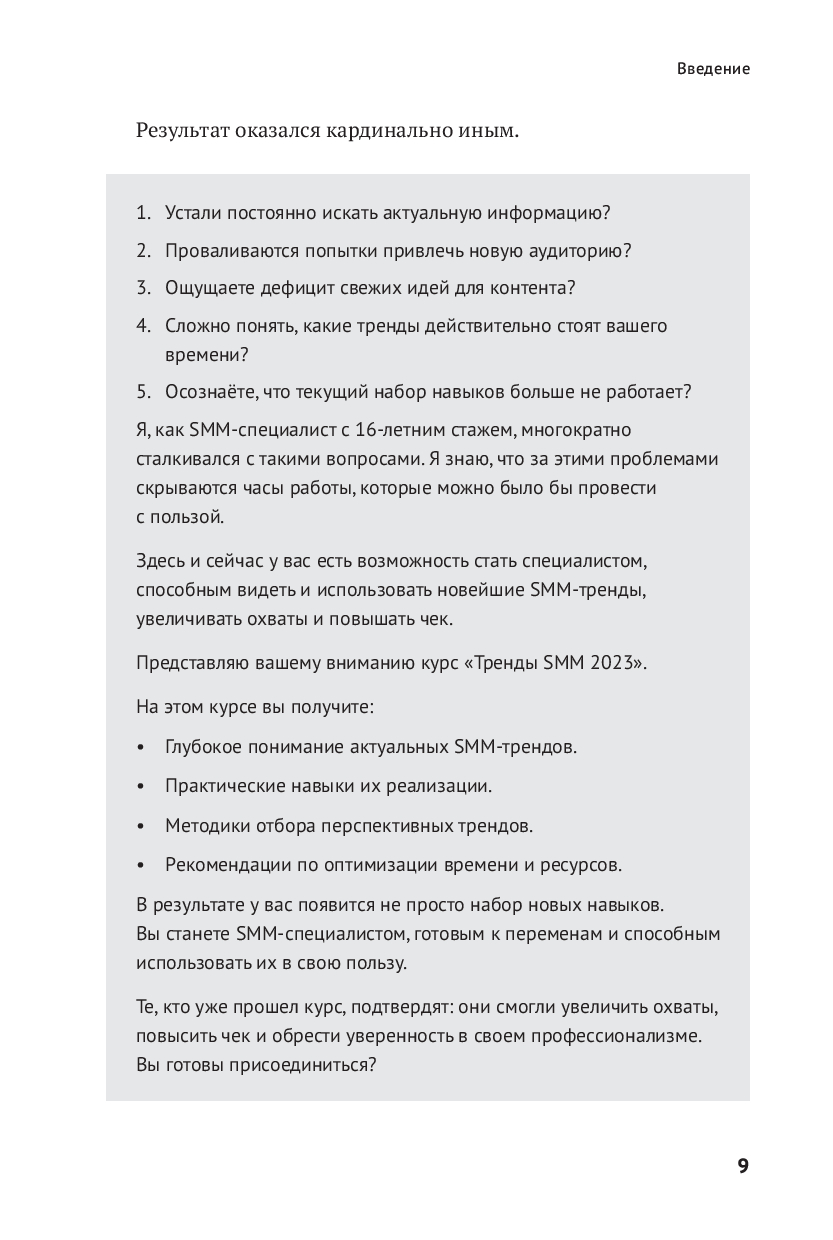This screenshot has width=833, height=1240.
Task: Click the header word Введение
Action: pos(713,69)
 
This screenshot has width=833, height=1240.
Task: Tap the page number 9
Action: pos(743,1165)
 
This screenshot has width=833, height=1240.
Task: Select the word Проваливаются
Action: pos(226,251)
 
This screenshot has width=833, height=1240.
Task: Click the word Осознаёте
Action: pos(210,392)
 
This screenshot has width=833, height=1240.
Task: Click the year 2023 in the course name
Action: pos(621,663)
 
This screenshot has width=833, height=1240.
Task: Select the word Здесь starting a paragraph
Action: pos(160,560)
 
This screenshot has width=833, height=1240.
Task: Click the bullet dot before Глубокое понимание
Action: pos(141,748)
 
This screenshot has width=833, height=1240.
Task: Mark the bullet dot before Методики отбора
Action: pos(141,827)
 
